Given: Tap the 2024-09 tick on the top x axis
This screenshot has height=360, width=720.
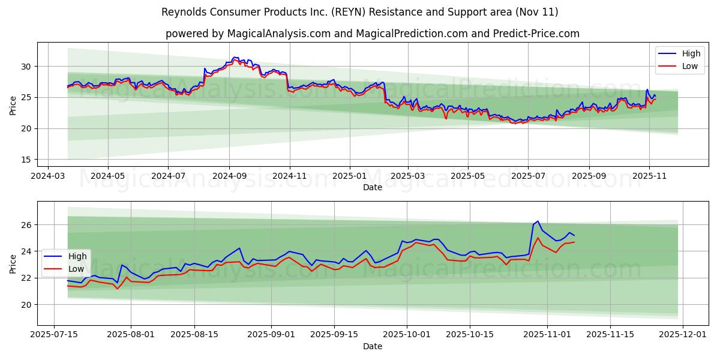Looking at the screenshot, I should coord(229,176).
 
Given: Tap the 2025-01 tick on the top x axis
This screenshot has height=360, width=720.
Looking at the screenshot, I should coord(349,176).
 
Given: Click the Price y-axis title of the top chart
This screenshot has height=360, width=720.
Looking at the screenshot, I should coord(13,104).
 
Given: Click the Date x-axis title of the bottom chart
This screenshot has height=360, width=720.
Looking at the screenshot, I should coord(373,346).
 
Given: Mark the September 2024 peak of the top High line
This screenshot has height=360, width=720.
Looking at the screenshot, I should coord(235,57).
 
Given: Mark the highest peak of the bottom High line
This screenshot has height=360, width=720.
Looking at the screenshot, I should coord(538,221).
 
